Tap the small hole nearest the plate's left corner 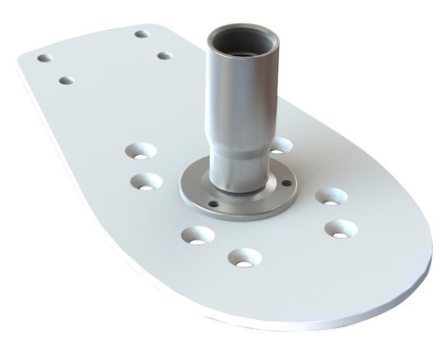pyautogui.click(x=44, y=58)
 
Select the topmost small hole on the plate pyautogui.click(x=142, y=35)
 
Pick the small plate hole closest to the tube pyautogui.click(x=164, y=56)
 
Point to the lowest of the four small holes pyautogui.click(x=65, y=80)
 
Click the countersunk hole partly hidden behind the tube pyautogui.click(x=280, y=145)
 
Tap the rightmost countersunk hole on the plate pyautogui.click(x=340, y=228)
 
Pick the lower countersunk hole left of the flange pyautogui.click(x=145, y=181)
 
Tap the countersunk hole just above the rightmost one pyautogui.click(x=330, y=196)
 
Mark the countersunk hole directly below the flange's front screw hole pyautogui.click(x=195, y=235)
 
